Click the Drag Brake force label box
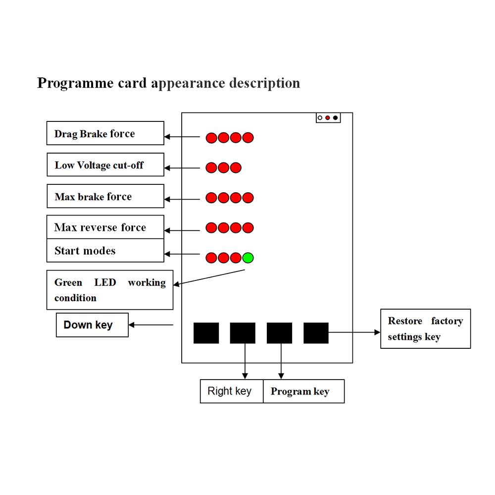pos(105,133)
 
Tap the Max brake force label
pos(105,196)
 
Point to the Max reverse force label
pos(105,227)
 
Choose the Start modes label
pos(105,251)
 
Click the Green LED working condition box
pos(110,290)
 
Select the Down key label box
pos(92,325)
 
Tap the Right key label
pos(231,391)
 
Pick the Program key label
pos(303,391)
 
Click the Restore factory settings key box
pos(425,329)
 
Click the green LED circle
pos(248,258)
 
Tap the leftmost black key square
pos(206,333)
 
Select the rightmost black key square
pos(316,333)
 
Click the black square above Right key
pos(243,333)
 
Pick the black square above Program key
pos(279,333)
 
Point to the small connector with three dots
pos(328,117)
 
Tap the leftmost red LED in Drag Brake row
pos(211,138)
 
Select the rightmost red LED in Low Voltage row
pos(236,168)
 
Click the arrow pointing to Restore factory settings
pos(354,333)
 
